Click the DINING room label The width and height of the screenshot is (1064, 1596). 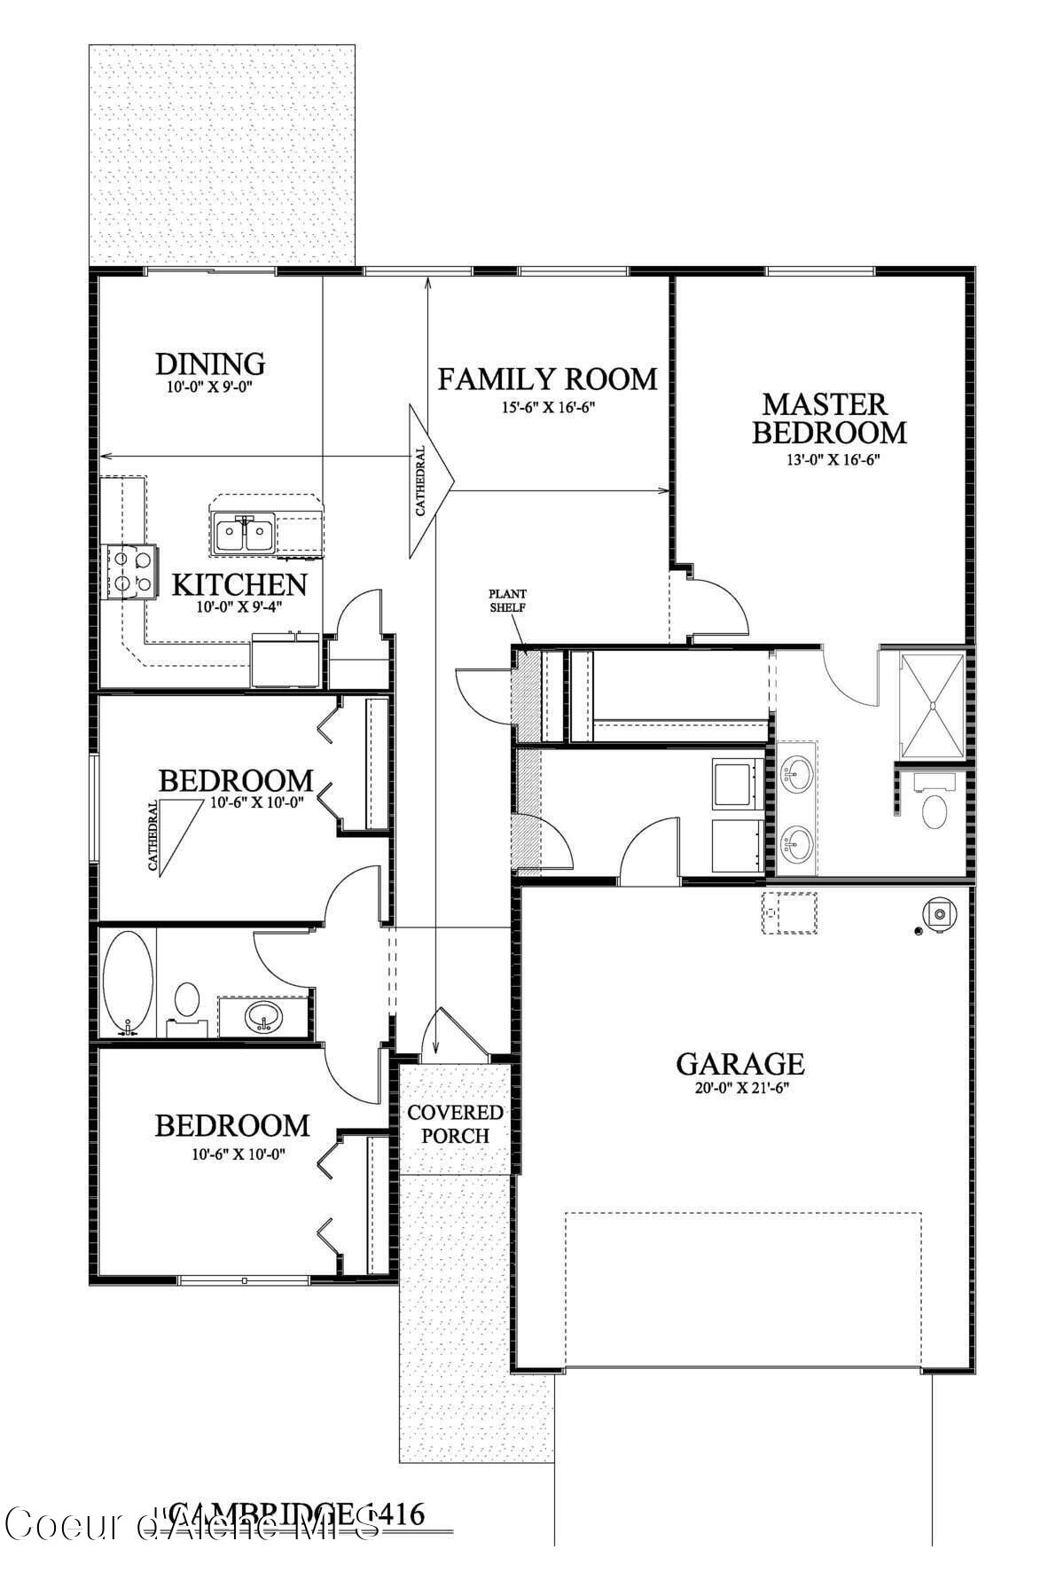click(210, 364)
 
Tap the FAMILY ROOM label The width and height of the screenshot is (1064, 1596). click(548, 379)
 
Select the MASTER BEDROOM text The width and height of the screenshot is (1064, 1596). click(829, 419)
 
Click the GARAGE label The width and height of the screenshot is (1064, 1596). click(740, 1063)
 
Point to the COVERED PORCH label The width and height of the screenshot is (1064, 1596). click(455, 1123)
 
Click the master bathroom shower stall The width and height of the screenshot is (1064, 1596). click(931, 706)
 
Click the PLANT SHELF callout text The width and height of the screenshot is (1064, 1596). click(508, 600)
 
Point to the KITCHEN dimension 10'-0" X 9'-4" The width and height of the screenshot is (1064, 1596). click(239, 608)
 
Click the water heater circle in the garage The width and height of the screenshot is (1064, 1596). click(938, 912)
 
